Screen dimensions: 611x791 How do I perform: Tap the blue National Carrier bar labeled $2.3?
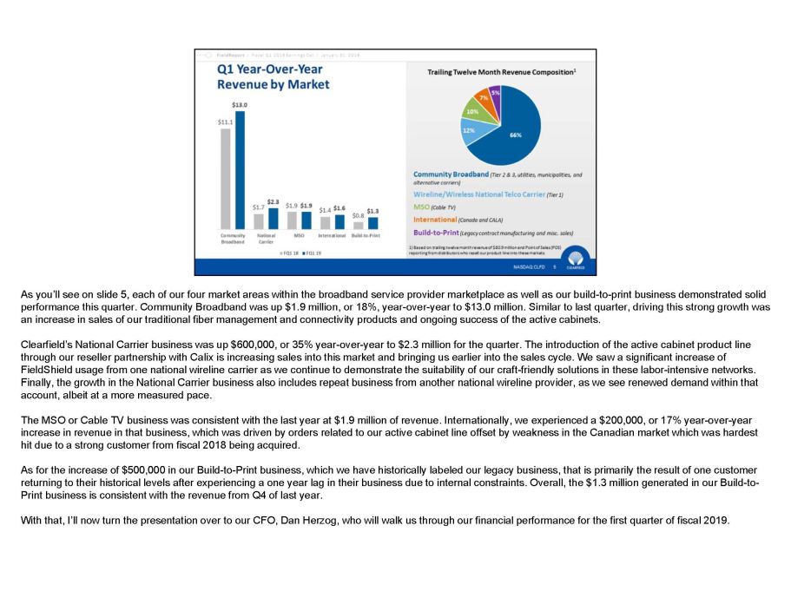(x=273, y=217)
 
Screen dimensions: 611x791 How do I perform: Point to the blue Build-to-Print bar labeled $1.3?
(x=372, y=222)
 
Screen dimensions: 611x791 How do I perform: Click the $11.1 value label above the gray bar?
(x=225, y=122)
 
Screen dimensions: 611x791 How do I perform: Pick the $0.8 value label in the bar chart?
(x=358, y=215)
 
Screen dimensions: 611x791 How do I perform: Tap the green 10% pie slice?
(x=472, y=111)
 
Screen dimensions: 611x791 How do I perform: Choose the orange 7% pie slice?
(x=483, y=97)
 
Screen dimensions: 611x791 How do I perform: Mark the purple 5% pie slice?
(x=495, y=92)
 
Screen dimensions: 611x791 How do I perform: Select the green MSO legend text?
(x=421, y=207)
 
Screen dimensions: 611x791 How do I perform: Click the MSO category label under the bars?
(x=298, y=235)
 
